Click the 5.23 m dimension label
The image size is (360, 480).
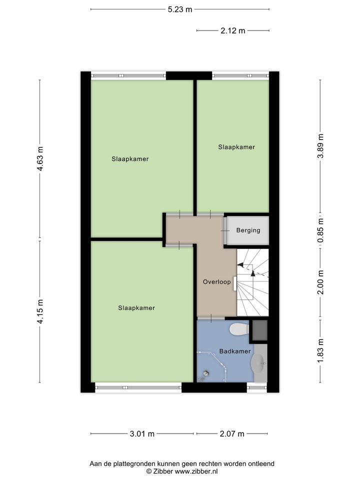[x=179, y=9]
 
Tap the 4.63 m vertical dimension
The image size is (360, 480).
[x=40, y=158]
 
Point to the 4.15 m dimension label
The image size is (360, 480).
[x=40, y=311]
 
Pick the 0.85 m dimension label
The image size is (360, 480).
[x=320, y=230]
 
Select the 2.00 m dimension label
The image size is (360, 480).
[x=320, y=282]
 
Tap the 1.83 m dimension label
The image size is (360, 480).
[x=320, y=351]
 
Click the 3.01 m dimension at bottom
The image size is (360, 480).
[x=142, y=434]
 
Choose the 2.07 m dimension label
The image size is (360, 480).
[x=232, y=434]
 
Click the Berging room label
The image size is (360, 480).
[x=248, y=230]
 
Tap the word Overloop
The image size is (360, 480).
[x=216, y=281]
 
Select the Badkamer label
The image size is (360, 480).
[x=235, y=351]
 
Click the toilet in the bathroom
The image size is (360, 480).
[x=239, y=329]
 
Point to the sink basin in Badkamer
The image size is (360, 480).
[x=258, y=363]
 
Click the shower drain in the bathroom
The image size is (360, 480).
[x=206, y=373]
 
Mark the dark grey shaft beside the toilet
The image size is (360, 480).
[x=259, y=330]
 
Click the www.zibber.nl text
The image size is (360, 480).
[x=196, y=471]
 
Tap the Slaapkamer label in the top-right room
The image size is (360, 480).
[x=236, y=147]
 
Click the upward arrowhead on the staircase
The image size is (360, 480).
[x=253, y=273]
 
